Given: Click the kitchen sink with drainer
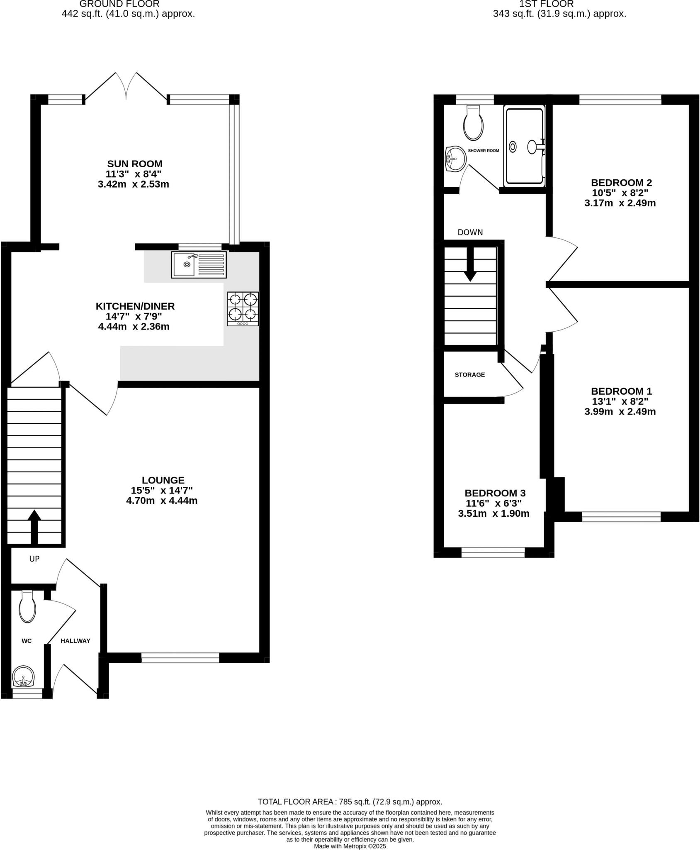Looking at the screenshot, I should point(199,264).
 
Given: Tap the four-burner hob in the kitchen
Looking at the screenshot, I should point(243,308).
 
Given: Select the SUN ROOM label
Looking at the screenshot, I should point(135,164).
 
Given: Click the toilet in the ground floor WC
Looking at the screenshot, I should point(27,608).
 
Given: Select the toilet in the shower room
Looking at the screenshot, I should point(474,123).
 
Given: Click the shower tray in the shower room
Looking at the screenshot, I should point(524,146).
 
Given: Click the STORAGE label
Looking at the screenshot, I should point(469,375).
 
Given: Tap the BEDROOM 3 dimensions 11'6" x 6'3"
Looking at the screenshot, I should point(493,503).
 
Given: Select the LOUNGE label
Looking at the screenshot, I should point(163,480).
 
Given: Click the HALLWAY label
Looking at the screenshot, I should point(75,641).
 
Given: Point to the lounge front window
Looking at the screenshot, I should point(180,657).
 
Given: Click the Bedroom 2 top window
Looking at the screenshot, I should point(620,99).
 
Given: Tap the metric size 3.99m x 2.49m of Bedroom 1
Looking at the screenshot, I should point(620,412).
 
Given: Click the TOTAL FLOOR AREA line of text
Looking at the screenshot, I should point(350,802).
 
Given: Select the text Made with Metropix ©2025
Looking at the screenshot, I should point(350,846).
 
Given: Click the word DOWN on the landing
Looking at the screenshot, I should point(470,232).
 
